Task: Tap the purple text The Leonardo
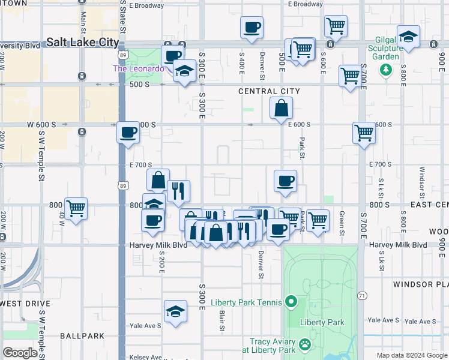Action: [139, 68]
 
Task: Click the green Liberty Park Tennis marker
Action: [291, 302]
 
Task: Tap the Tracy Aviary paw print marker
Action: [305, 345]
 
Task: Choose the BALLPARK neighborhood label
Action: [82, 336]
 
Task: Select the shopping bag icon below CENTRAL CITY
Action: [281, 109]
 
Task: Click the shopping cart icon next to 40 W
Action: [76, 209]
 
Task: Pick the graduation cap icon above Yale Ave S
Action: [175, 311]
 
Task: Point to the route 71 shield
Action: [362, 296]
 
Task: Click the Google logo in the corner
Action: [20, 353]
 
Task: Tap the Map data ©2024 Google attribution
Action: [411, 355]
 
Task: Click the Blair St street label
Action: [221, 320]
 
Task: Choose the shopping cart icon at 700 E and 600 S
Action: [364, 133]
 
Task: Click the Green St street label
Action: [342, 223]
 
